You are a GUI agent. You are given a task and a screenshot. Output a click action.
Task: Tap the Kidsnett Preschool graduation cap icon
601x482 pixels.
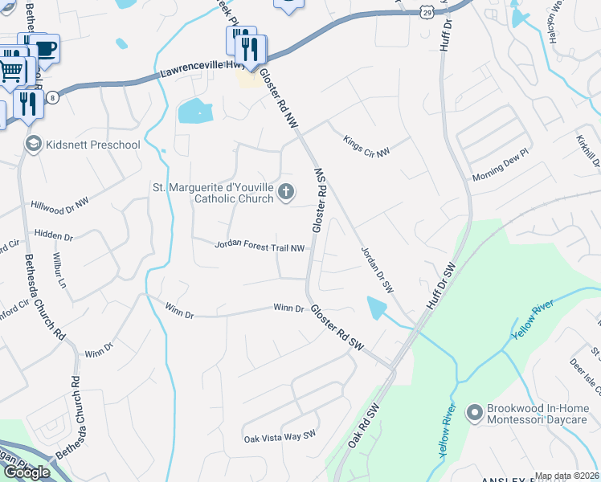click(34, 145)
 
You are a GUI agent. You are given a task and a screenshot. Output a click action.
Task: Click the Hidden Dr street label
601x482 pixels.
click(54, 237)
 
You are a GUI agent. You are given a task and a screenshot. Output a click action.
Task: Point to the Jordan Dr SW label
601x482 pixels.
click(376, 269)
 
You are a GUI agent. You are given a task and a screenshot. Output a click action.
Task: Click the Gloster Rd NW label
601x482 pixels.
click(279, 100)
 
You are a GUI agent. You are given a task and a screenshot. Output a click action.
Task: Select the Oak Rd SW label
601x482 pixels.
click(362, 426)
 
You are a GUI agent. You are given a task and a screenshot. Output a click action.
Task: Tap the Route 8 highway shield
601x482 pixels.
click(53, 97)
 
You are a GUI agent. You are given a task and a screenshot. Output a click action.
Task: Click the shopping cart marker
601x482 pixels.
click(10, 71)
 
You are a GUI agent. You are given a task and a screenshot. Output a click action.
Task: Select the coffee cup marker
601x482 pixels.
click(45, 49)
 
